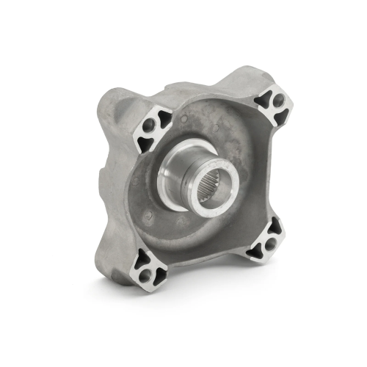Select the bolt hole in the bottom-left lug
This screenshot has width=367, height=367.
[x=145, y=274]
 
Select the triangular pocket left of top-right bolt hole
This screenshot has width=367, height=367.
[x=263, y=101]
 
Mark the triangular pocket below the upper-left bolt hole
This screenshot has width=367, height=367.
[x=147, y=142]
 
